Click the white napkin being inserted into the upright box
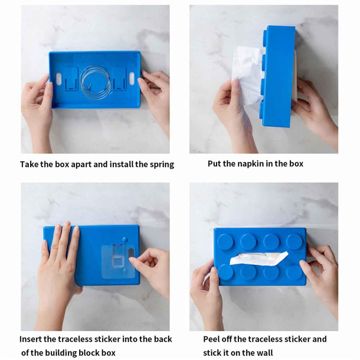248,72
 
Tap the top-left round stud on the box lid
225,241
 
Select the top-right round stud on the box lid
294,241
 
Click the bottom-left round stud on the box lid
225,272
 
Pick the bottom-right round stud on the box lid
294,272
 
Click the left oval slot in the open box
59,78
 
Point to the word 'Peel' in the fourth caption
212,339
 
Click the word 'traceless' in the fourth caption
271,339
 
